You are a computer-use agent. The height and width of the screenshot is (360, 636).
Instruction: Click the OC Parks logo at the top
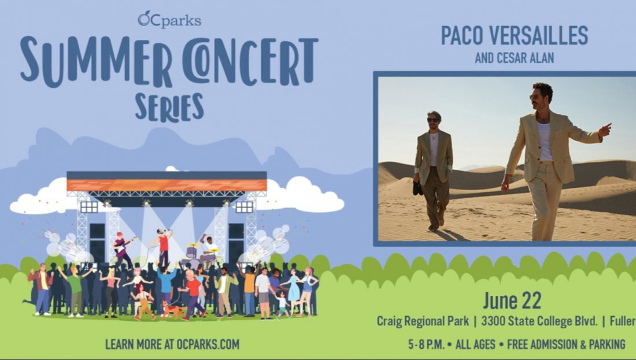pyautogui.click(x=169, y=19)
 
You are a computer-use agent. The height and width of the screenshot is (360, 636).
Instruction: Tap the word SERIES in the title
pyautogui.click(x=169, y=107)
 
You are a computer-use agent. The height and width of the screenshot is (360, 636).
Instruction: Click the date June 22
pyautogui.click(x=512, y=301)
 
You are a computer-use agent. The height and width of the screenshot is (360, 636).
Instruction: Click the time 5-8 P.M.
pyautogui.click(x=427, y=344)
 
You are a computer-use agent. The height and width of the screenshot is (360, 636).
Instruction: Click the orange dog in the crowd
pyautogui.click(x=171, y=309)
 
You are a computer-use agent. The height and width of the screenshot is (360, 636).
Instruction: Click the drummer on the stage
pyautogui.click(x=208, y=249)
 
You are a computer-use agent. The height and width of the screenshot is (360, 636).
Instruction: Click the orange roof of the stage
pyautogui.click(x=167, y=185)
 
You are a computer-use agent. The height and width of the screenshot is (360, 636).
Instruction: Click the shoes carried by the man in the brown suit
pyautogui.click(x=417, y=188)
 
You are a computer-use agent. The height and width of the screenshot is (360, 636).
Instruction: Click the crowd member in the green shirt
pyautogui.click(x=75, y=289)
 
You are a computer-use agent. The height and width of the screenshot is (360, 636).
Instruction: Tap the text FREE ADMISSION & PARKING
pyautogui.click(x=566, y=344)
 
